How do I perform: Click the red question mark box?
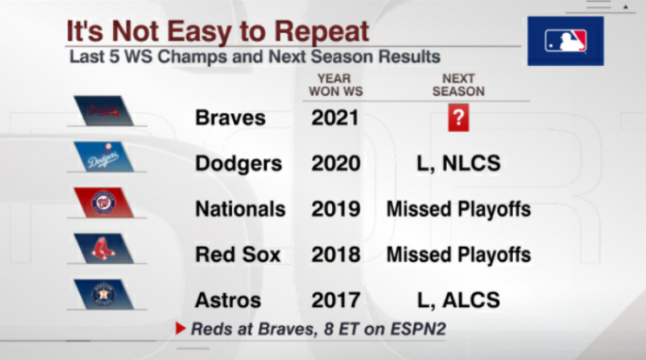458,117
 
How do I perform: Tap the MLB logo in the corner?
566,41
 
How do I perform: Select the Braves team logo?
103,110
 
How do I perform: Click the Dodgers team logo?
103,157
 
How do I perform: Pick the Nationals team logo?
103,203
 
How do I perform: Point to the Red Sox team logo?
103,249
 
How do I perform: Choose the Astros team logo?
103,295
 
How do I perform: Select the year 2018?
336,255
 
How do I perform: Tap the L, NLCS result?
458,163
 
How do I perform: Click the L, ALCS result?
458,300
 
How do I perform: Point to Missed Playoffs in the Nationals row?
458,210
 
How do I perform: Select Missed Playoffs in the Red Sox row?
458,255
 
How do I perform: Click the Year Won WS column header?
336,85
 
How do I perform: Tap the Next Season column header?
458,85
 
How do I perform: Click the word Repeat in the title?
322,31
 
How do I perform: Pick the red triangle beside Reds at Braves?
181,329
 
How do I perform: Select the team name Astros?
228,300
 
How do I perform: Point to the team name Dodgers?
238,164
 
